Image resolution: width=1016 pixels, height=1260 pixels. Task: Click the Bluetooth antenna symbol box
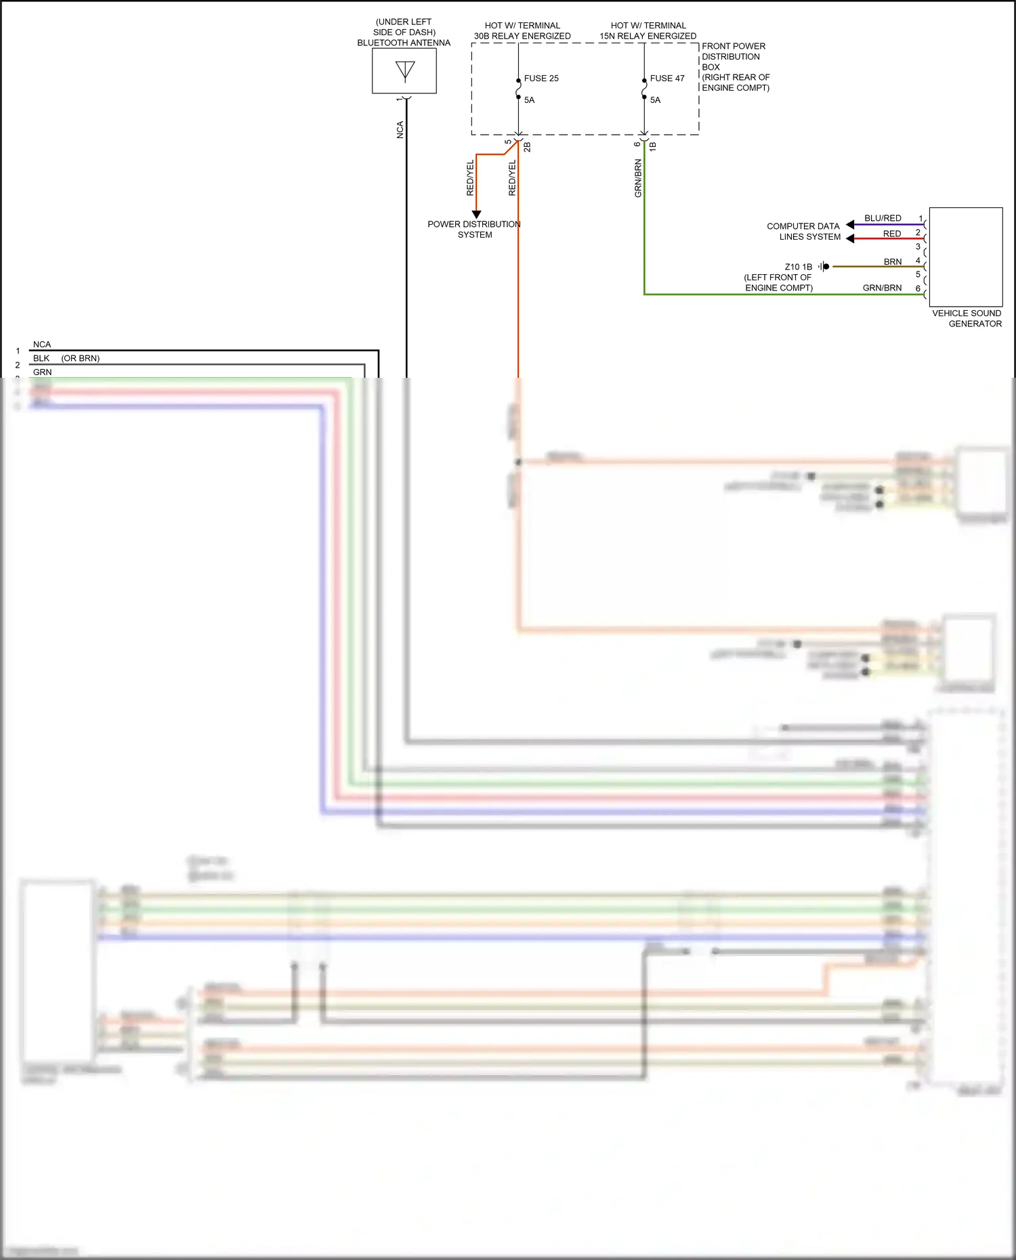(404, 71)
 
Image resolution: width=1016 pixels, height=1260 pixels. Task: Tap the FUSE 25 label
(541, 79)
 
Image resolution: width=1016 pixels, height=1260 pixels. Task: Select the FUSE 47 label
(666, 79)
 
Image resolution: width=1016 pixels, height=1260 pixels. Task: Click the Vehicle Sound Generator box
(965, 257)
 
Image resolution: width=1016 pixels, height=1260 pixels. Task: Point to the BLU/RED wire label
(883, 218)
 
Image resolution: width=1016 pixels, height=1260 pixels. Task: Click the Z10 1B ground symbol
(823, 267)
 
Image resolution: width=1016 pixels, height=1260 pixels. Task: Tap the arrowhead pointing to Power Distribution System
(476, 214)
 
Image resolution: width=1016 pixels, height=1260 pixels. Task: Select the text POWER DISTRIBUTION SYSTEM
(474, 230)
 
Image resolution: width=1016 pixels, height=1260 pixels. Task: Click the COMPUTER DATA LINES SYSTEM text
(803, 232)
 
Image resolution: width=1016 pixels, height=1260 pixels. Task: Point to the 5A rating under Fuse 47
(655, 100)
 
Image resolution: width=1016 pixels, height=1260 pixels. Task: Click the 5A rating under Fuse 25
(529, 100)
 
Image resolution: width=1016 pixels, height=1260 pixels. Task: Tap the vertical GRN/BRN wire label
(637, 178)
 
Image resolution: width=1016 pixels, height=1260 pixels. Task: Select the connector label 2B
(527, 146)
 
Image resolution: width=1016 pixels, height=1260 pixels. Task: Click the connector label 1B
(653, 146)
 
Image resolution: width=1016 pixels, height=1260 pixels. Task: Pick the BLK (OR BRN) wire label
(66, 358)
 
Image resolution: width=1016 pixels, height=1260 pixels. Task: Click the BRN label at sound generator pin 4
(892, 261)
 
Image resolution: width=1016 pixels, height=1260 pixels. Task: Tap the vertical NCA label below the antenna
(400, 130)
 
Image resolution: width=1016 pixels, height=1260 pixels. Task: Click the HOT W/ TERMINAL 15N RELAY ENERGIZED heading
(648, 30)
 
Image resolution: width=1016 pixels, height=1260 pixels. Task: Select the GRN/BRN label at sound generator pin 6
(882, 288)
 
